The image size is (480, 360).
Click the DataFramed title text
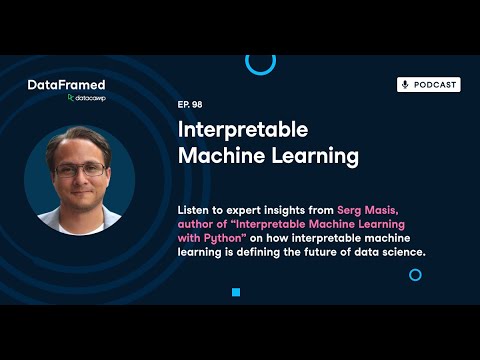click(x=66, y=85)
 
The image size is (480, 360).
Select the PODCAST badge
click(x=428, y=85)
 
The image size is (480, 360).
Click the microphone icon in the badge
click(x=406, y=85)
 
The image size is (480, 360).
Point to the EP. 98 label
click(x=190, y=104)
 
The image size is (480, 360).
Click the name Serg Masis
click(x=339, y=213)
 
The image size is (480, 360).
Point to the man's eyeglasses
click(x=79, y=170)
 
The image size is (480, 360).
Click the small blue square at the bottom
click(x=236, y=292)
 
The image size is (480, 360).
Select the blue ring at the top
click(x=260, y=62)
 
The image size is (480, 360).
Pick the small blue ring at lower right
click(x=415, y=273)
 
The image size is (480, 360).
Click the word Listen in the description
click(x=195, y=213)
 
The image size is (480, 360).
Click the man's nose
click(x=79, y=178)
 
